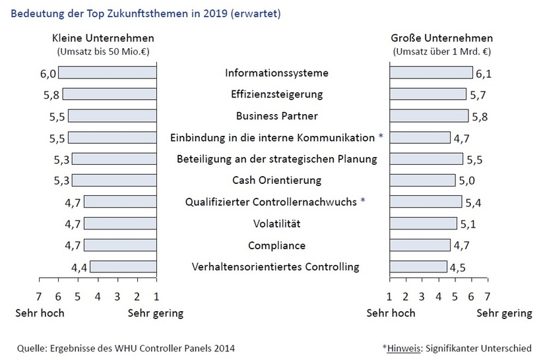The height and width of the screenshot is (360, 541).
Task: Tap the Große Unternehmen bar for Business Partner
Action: (x=428, y=116)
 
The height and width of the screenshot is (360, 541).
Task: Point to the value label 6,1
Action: (x=484, y=74)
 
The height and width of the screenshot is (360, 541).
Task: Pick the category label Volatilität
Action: (x=276, y=224)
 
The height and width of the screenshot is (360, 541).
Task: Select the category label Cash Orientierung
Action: (x=276, y=180)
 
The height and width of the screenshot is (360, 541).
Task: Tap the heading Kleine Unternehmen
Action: (x=103, y=38)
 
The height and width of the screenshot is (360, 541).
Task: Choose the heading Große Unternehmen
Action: (x=441, y=38)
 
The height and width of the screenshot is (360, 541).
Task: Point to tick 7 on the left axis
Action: (x=38, y=296)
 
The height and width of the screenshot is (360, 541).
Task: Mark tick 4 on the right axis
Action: (x=439, y=296)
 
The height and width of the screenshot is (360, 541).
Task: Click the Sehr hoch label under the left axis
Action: (x=40, y=313)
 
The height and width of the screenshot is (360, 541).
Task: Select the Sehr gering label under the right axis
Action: (x=505, y=313)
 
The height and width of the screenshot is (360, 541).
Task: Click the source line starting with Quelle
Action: (x=125, y=347)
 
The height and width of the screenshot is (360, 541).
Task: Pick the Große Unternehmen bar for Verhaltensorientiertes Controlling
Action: (x=418, y=267)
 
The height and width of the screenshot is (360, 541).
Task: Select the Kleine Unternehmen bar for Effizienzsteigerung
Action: (x=109, y=94)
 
